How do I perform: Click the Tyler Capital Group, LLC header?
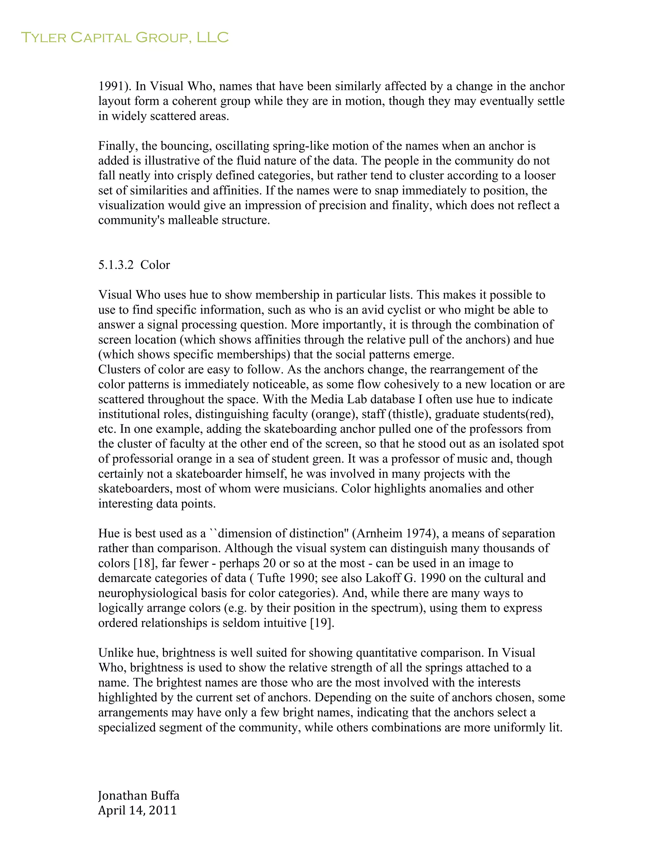click(124, 37)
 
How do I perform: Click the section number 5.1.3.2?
click(116, 265)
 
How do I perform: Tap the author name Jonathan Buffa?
click(138, 795)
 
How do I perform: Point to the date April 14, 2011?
click(137, 810)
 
